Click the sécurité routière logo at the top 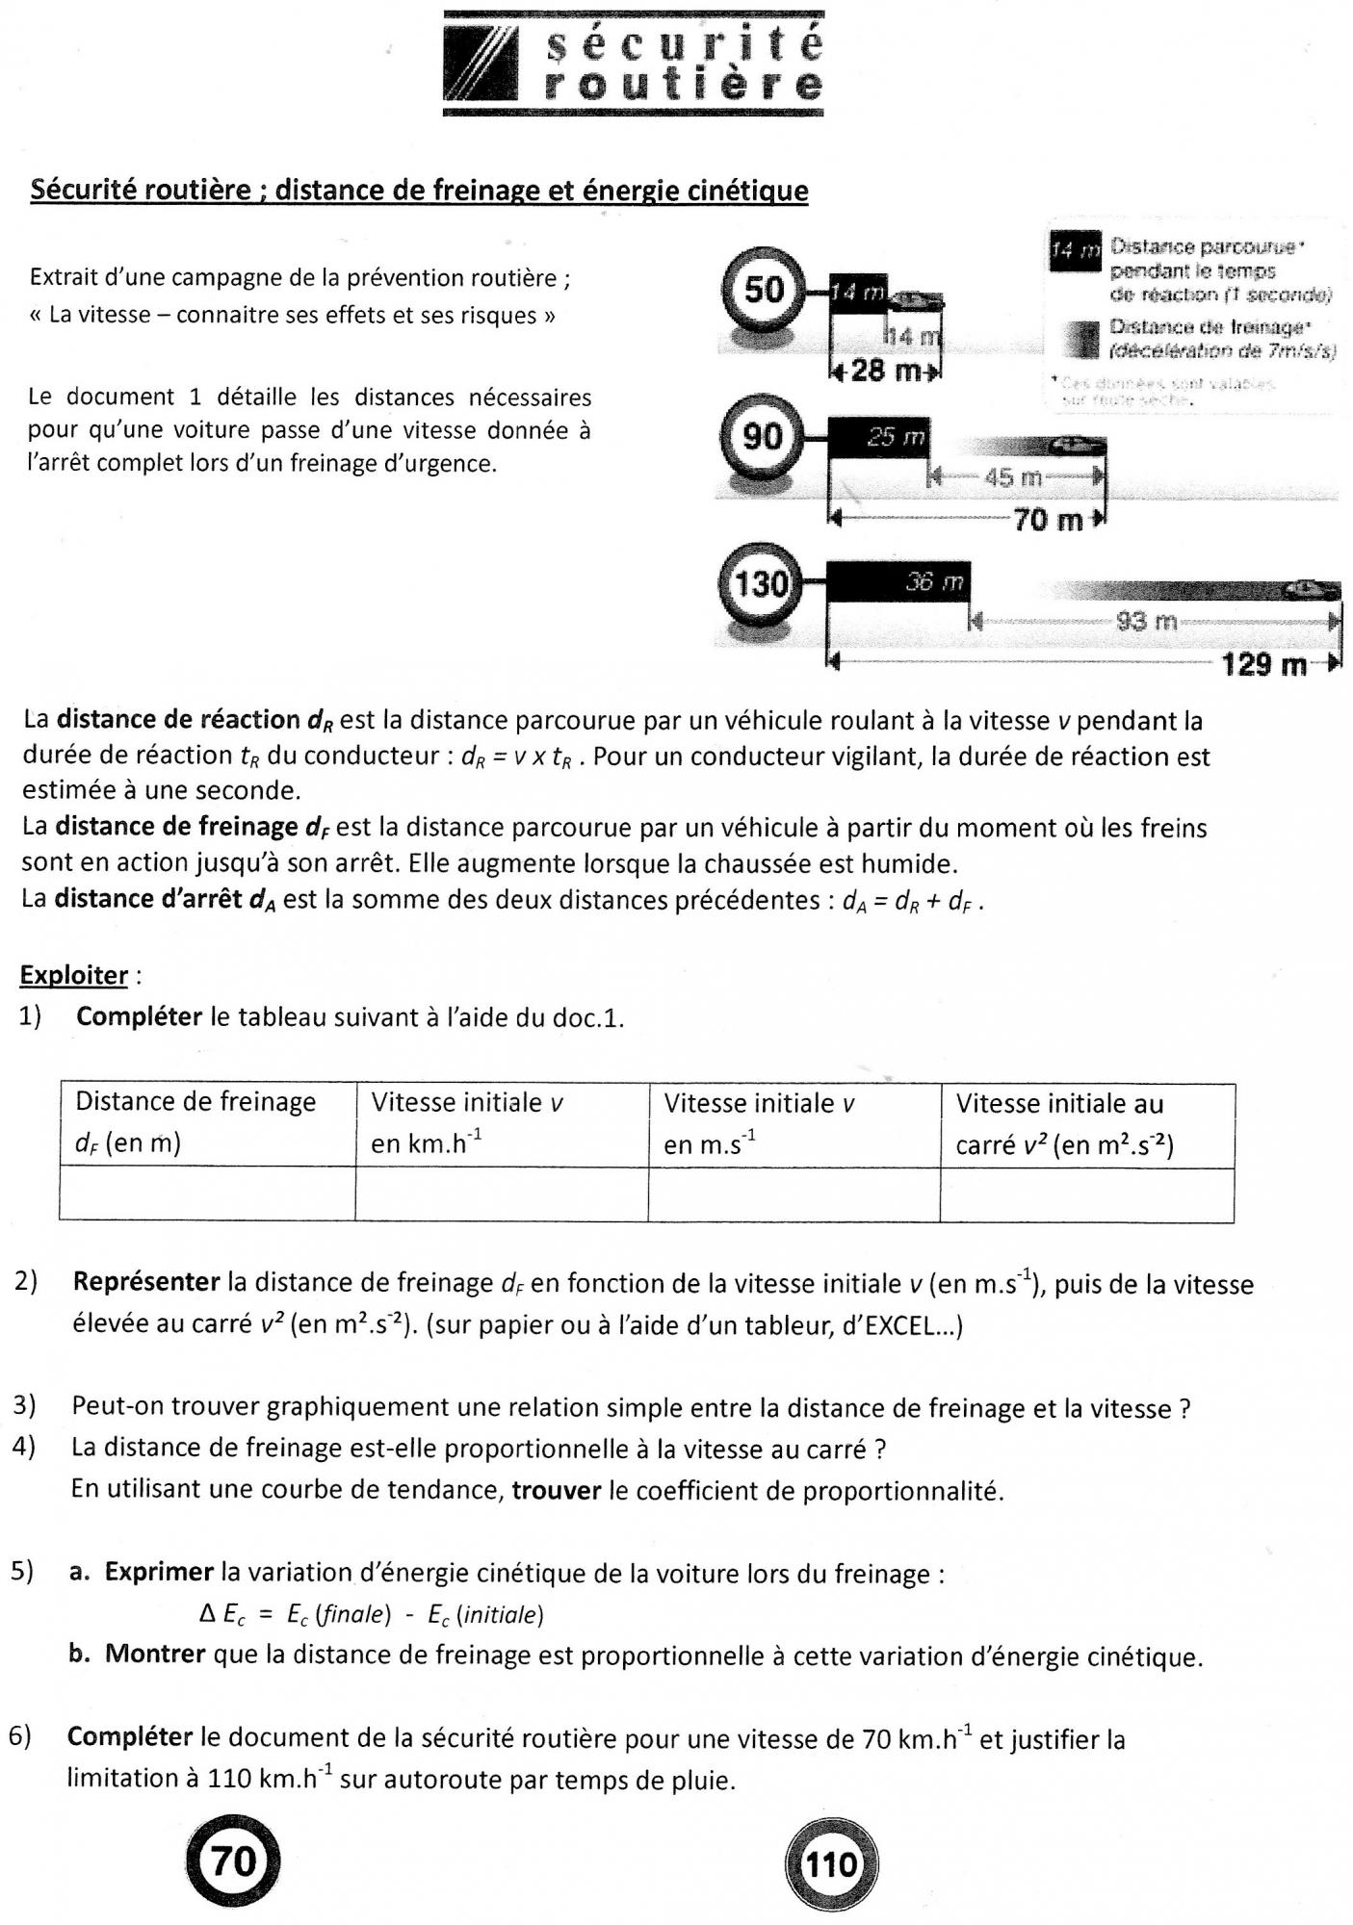point(633,64)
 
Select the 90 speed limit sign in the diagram point(762,436)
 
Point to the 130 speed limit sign point(761,583)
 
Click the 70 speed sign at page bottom point(232,1861)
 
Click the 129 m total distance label point(1264,664)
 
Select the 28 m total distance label point(881,370)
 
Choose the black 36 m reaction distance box point(898,582)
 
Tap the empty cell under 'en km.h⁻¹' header point(501,1194)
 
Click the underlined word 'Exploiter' point(73,975)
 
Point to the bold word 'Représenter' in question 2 point(146,1282)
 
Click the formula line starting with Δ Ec point(371,1614)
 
